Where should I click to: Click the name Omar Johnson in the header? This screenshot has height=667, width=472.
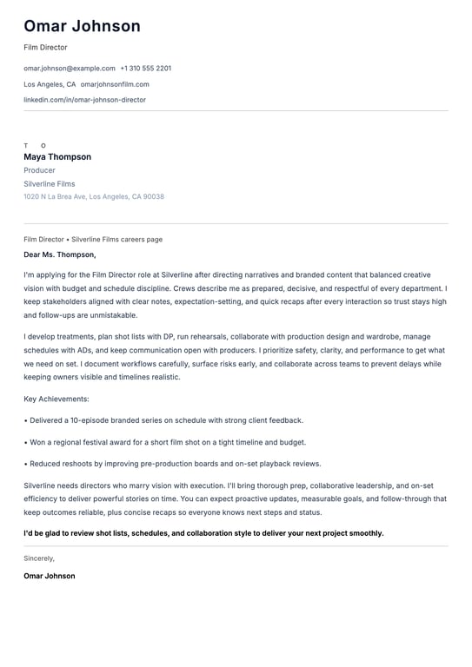pyautogui.click(x=82, y=26)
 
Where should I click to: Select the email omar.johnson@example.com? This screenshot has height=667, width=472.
pyautogui.click(x=70, y=68)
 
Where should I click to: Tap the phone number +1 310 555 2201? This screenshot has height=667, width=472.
pyautogui.click(x=145, y=68)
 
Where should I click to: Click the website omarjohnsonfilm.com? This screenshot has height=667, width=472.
pyautogui.click(x=115, y=84)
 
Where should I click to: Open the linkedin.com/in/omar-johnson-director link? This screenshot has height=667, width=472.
pyautogui.click(x=84, y=100)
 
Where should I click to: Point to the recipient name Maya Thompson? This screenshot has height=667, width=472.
pyautogui.click(x=57, y=157)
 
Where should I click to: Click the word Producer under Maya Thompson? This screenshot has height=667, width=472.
pyautogui.click(x=39, y=170)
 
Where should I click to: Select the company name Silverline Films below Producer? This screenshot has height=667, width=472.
pyautogui.click(x=50, y=184)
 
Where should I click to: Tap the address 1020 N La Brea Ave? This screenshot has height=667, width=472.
pyautogui.click(x=94, y=197)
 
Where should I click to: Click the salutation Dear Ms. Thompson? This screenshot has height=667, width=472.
pyautogui.click(x=60, y=254)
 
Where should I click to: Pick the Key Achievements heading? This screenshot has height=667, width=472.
pyautogui.click(x=57, y=399)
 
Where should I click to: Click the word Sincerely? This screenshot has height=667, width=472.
pyautogui.click(x=39, y=558)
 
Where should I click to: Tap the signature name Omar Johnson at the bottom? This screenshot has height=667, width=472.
pyautogui.click(x=50, y=576)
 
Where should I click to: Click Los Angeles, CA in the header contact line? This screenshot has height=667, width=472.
pyautogui.click(x=50, y=84)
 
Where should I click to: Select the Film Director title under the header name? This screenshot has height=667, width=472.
pyautogui.click(x=45, y=48)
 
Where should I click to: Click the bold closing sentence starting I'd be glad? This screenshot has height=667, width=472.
pyautogui.click(x=203, y=533)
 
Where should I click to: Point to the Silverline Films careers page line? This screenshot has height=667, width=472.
pyautogui.click(x=93, y=239)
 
